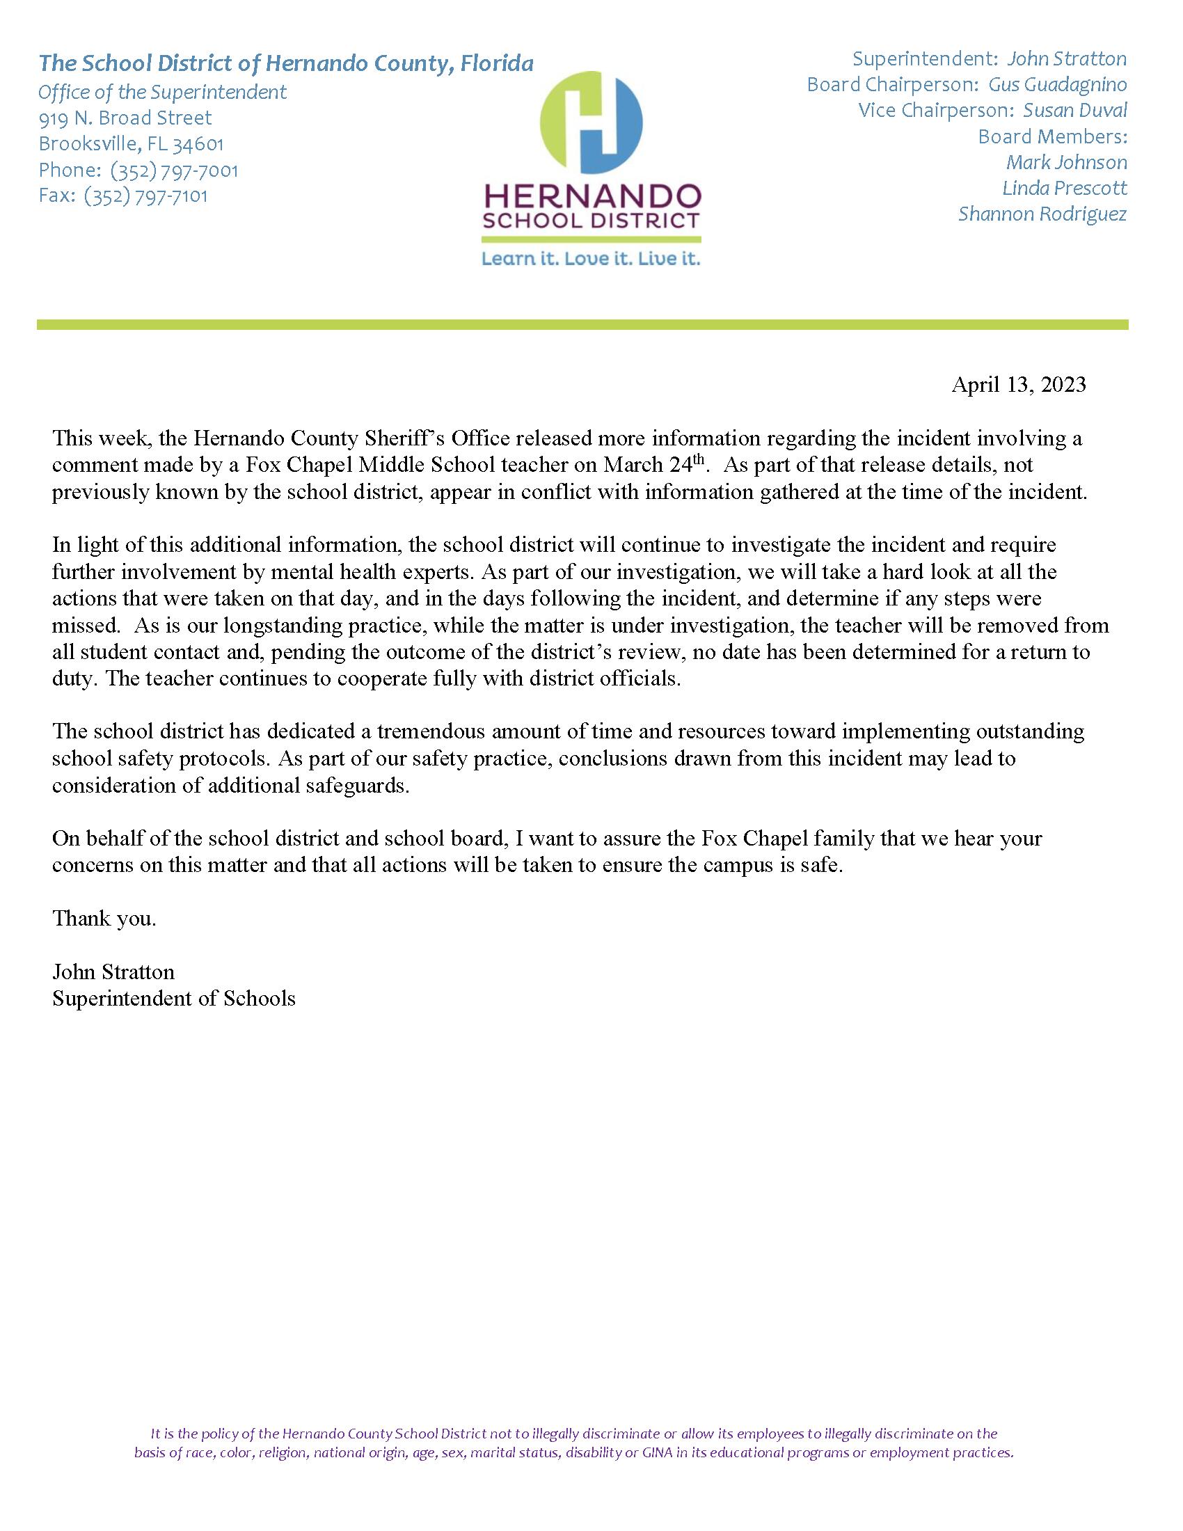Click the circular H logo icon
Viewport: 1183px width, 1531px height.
[591, 122]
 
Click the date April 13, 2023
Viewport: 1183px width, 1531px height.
[1017, 385]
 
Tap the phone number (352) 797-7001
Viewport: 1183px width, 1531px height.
[174, 170]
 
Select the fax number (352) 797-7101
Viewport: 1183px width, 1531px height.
[145, 196]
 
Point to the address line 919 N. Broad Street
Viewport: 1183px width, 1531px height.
[125, 118]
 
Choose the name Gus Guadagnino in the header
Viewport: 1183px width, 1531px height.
[1057, 85]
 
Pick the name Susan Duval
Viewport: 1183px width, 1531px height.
[1075, 111]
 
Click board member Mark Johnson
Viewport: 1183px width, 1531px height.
[1066, 163]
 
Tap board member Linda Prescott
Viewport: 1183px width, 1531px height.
[1064, 188]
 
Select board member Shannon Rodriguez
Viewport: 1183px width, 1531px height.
[1042, 214]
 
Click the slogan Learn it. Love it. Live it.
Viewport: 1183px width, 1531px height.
[590, 260]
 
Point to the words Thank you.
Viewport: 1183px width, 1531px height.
[104, 919]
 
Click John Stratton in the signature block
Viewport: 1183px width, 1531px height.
[113, 971]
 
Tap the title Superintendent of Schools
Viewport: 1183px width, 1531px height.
[173, 998]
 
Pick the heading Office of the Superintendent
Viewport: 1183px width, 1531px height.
[162, 92]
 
